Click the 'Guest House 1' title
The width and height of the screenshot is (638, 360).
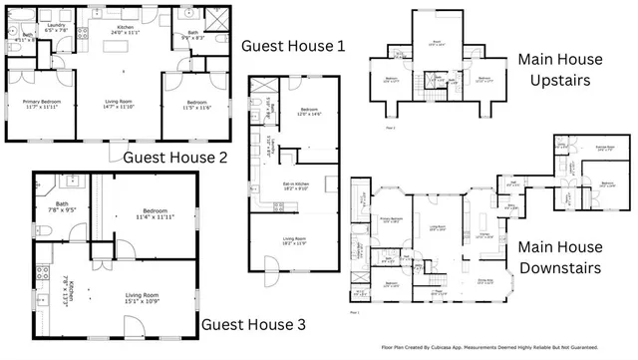click(x=294, y=46)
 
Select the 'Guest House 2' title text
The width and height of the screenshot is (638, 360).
click(x=174, y=158)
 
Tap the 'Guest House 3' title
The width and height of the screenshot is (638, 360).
click(x=254, y=324)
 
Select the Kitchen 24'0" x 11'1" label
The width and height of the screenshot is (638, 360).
click(x=126, y=30)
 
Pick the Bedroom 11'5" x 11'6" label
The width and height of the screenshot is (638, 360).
click(x=195, y=103)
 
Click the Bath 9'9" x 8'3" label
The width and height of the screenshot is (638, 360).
click(x=196, y=37)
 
